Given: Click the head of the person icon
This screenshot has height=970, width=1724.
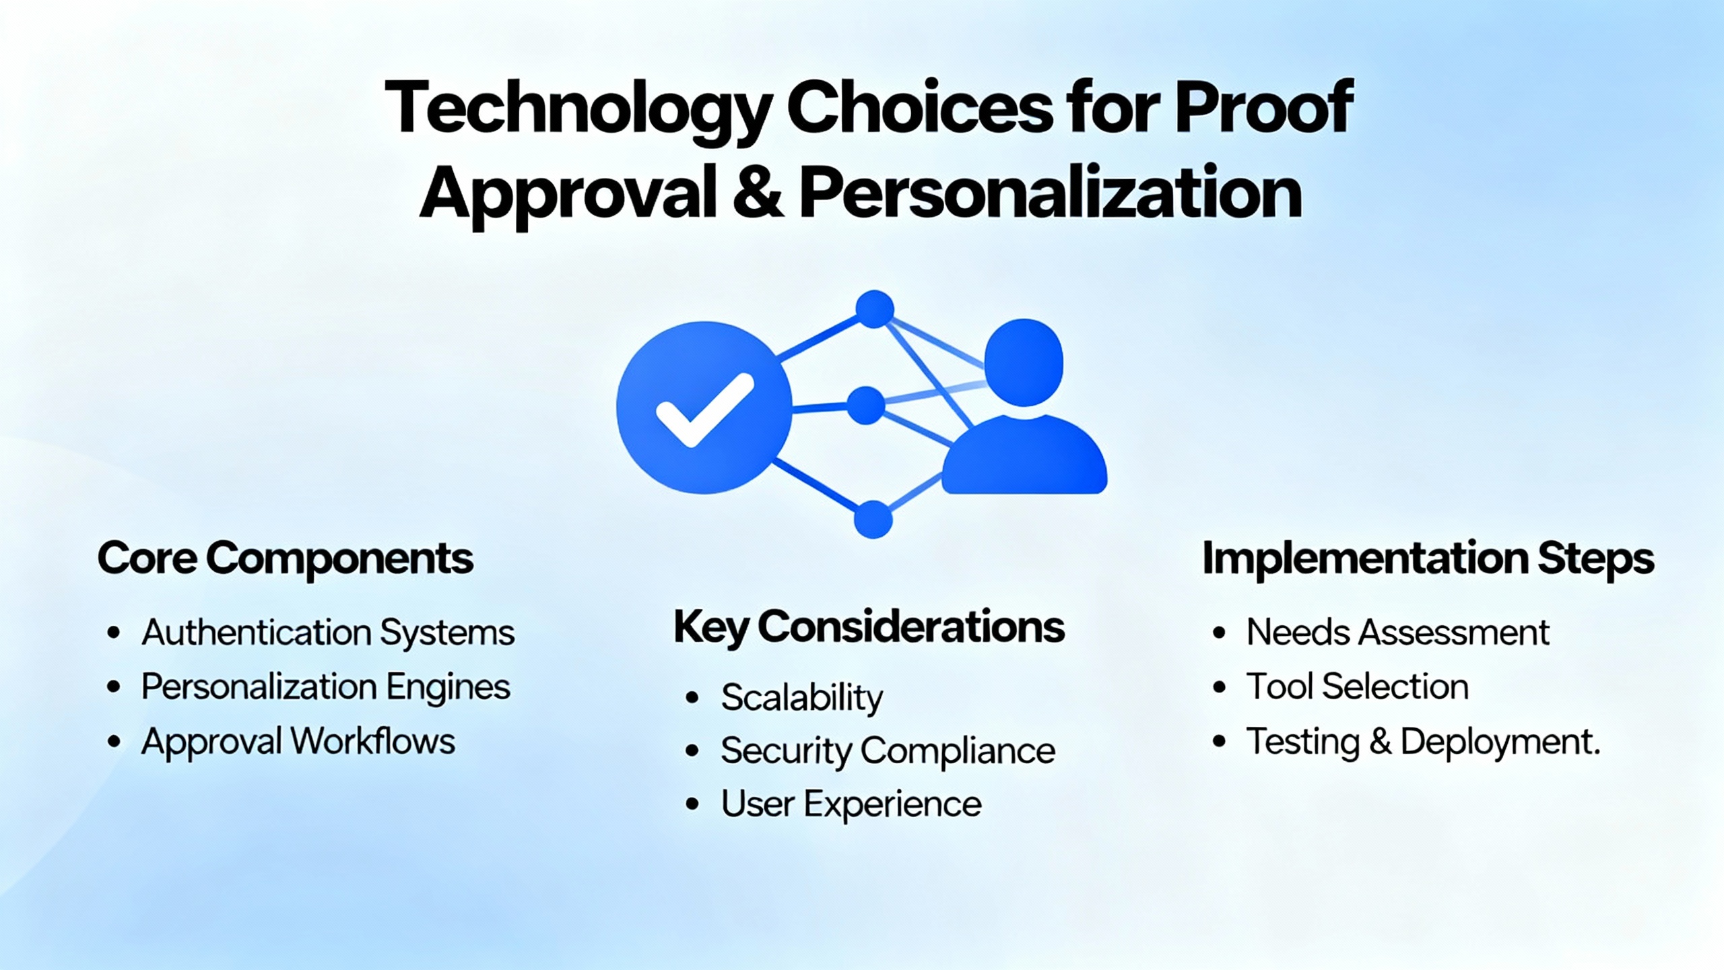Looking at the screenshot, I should click(x=1024, y=362).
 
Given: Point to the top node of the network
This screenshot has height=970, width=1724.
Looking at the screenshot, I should click(x=874, y=309).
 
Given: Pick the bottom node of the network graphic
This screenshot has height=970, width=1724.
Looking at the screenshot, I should click(x=873, y=519).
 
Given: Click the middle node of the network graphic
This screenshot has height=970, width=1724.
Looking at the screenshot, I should click(x=865, y=406).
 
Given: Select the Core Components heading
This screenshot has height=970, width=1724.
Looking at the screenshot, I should click(x=285, y=558).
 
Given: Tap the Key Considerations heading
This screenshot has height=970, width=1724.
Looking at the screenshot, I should click(x=869, y=626).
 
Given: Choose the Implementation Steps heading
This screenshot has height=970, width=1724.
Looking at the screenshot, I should click(x=1428, y=558).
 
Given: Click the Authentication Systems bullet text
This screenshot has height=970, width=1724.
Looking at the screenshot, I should click(x=328, y=633).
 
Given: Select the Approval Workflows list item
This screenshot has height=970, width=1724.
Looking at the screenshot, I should click(x=298, y=742).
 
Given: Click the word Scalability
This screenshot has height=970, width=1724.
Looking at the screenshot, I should click(x=801, y=697).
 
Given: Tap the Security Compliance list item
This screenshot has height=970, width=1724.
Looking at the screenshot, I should click(x=888, y=750).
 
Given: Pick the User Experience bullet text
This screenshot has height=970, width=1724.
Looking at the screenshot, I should click(x=851, y=804).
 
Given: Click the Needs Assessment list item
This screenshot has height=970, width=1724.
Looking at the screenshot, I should click(x=1397, y=633).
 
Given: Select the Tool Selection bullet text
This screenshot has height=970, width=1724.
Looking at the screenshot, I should click(x=1357, y=687).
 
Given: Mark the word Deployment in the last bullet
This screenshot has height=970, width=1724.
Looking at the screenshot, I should click(x=1499, y=742).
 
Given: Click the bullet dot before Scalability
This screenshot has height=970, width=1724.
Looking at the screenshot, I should click(x=692, y=697).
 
